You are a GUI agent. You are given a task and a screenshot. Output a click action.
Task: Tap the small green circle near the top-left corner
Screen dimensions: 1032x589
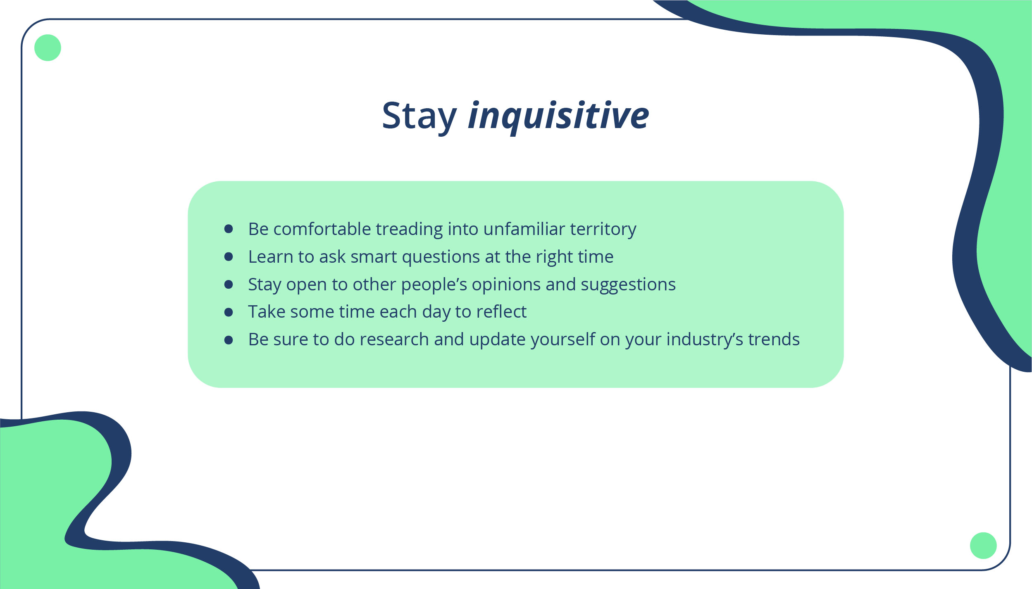coord(48,47)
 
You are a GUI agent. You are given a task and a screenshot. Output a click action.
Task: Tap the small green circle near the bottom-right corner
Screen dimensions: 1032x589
coord(983,546)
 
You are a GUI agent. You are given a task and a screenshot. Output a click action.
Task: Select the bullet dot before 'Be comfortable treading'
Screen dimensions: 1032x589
coord(229,229)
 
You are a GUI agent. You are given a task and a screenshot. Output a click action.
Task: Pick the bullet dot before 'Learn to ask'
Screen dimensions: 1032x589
coord(229,256)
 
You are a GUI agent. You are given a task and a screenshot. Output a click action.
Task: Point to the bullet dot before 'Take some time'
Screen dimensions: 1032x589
coord(229,312)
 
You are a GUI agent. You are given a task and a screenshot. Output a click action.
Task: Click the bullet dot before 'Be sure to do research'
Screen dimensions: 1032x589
coord(229,340)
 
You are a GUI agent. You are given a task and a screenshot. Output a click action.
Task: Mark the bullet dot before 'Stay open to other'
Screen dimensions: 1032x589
coord(229,284)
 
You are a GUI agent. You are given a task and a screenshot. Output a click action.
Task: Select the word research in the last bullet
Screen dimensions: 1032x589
coord(394,340)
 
